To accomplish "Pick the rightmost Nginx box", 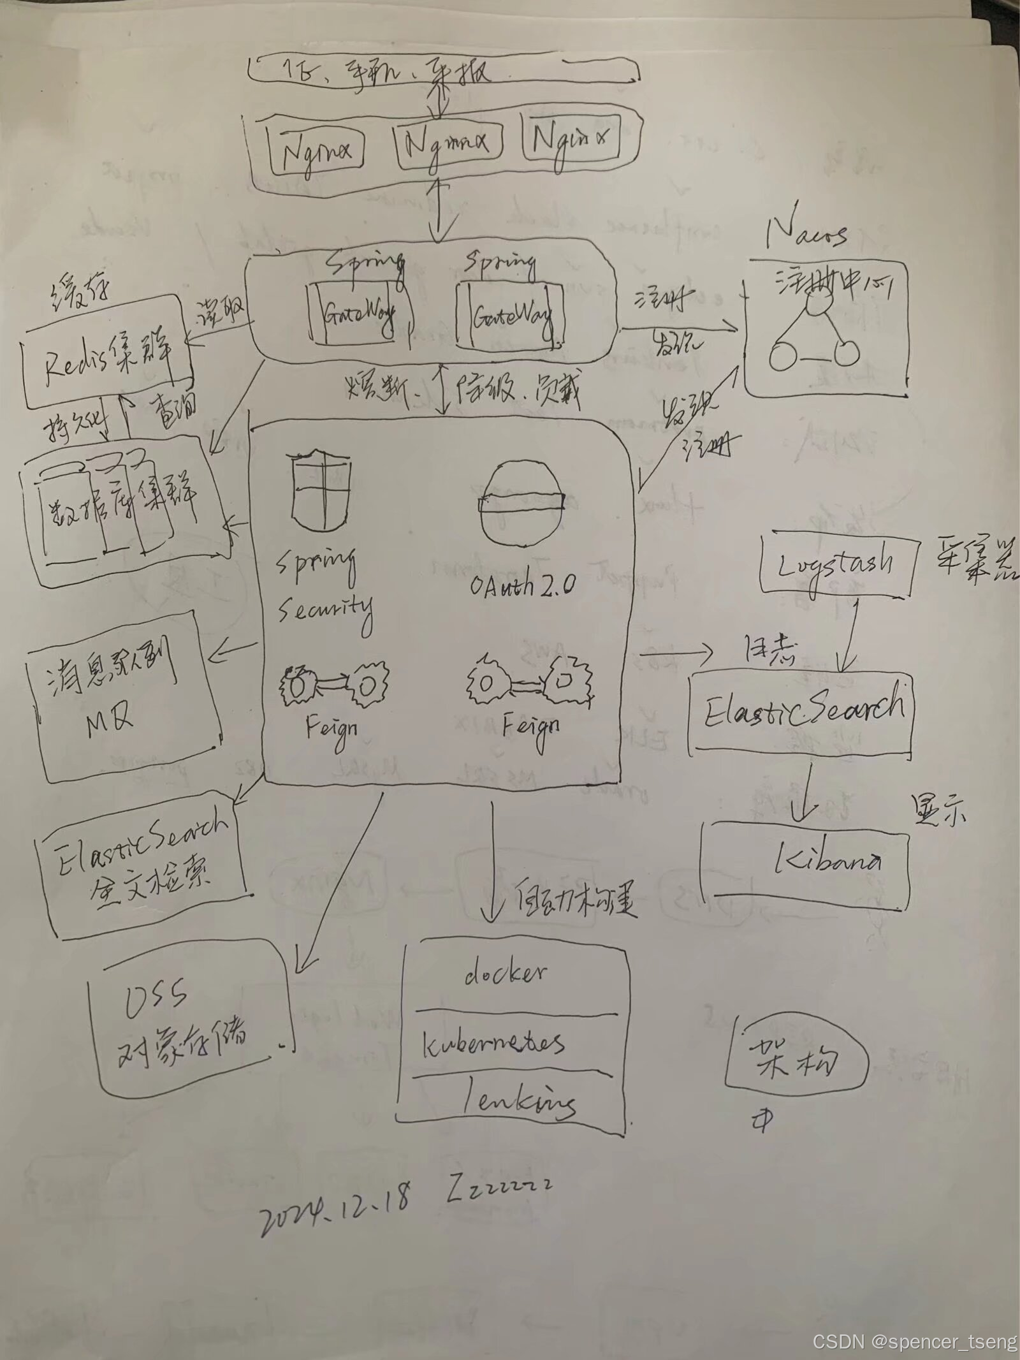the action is point(571,140).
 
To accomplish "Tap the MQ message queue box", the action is point(124,698).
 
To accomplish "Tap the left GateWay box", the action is point(358,314).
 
